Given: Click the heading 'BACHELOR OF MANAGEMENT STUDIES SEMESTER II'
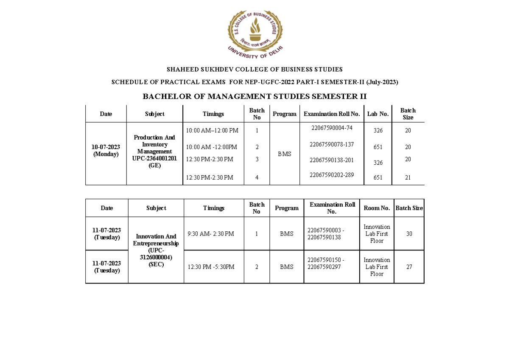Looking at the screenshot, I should (x=255, y=96).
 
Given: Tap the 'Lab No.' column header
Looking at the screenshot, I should (x=378, y=114).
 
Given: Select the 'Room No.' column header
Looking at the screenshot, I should (x=377, y=208).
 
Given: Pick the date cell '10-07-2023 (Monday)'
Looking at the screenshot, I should (x=106, y=151).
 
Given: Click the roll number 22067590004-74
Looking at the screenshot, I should (x=332, y=128).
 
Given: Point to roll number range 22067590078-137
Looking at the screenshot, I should (x=332, y=144).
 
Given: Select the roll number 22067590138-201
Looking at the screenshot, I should (x=332, y=160).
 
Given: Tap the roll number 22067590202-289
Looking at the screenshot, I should (x=332, y=174).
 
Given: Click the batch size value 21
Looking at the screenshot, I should (x=408, y=178).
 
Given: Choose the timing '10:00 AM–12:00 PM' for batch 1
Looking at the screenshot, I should (x=213, y=130).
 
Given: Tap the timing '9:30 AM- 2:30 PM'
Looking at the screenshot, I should (x=210, y=233).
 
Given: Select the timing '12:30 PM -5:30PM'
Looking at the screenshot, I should (x=211, y=267).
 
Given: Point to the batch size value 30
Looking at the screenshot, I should (x=409, y=233).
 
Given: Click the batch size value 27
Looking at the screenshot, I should (x=409, y=267).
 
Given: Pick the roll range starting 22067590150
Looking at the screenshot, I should (x=326, y=263).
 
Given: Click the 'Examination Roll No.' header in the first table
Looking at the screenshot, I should (x=332, y=114).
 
